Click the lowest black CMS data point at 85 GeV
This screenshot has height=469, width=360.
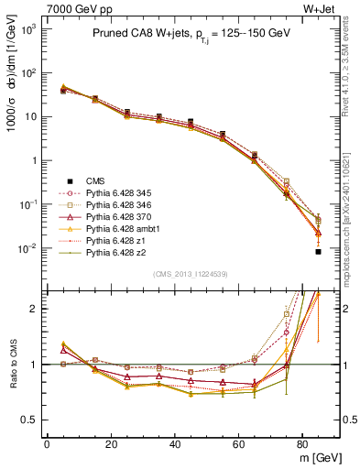[317, 251]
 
